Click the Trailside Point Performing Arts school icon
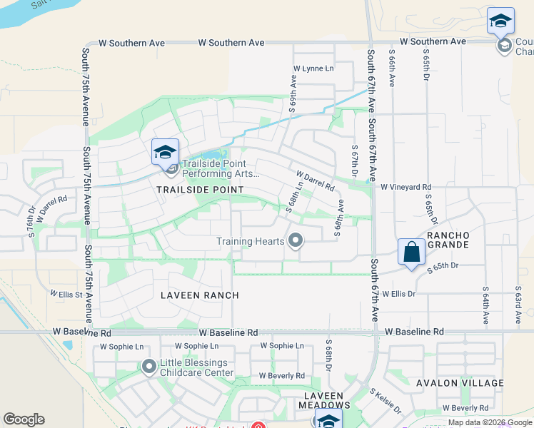[x=165, y=152]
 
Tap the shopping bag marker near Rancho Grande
[x=411, y=252]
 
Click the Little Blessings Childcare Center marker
[x=149, y=367]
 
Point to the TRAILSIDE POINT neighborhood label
[x=200, y=190]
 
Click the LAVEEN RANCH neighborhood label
[x=199, y=295]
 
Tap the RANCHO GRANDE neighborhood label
[x=448, y=240]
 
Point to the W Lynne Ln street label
[x=313, y=69]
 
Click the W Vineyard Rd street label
[x=405, y=187]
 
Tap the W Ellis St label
[x=66, y=294]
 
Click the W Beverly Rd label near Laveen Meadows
[x=281, y=376]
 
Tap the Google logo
[x=24, y=419]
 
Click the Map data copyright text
[x=488, y=422]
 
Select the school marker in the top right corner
[x=500, y=21]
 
